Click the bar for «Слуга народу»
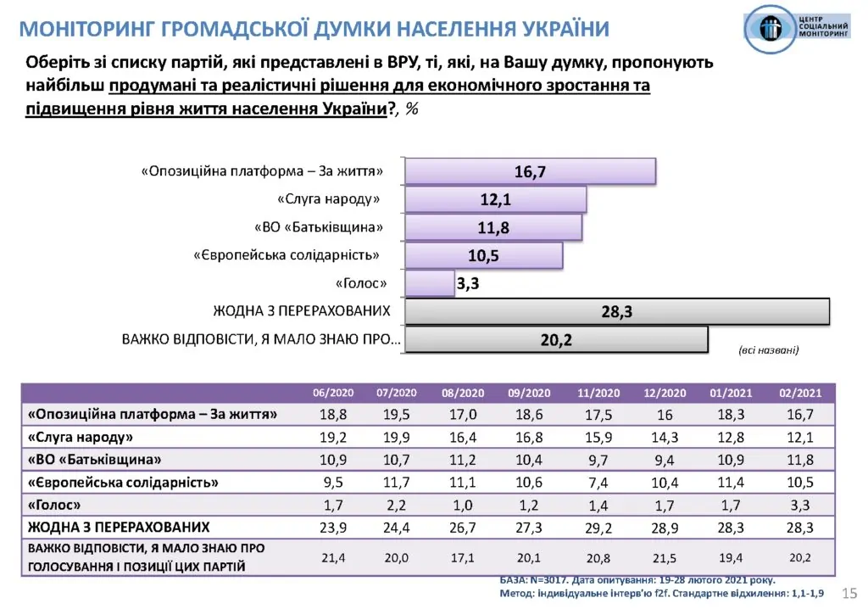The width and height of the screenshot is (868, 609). point(496,199)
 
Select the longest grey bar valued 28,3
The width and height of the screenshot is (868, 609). point(617,311)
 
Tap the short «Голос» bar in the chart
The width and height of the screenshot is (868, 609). point(430,283)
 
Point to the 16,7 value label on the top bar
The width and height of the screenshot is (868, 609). point(530,171)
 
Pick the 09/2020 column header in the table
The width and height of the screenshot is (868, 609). point(529,394)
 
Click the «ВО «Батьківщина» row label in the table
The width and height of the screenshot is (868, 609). point(94,460)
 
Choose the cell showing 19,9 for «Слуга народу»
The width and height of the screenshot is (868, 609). point(396,438)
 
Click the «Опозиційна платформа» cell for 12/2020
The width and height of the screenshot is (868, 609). point(664,416)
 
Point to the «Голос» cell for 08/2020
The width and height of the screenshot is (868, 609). point(463,505)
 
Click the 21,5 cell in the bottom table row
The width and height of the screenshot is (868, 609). point(664,557)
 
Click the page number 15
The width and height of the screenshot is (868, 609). point(850,591)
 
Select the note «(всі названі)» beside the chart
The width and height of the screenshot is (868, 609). point(769,349)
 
